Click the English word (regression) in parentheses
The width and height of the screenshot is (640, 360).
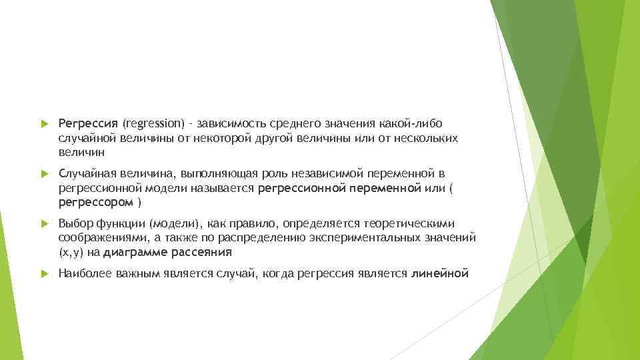[153, 124]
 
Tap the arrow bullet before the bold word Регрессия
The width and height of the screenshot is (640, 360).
[43, 124]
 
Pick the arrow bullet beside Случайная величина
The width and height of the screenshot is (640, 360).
[43, 174]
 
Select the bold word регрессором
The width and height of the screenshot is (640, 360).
[95, 201]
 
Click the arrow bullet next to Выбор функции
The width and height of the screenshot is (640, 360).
[43, 223]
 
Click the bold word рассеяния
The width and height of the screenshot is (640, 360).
[201, 252]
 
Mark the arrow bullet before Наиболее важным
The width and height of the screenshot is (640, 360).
[43, 273]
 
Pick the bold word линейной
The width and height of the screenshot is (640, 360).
[441, 273]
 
